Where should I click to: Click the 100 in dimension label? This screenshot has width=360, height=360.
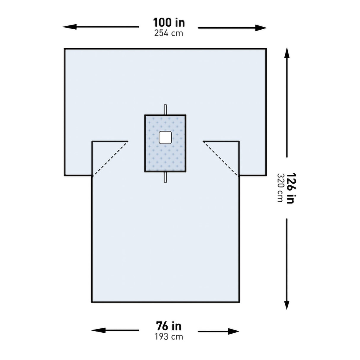click(x=168, y=23)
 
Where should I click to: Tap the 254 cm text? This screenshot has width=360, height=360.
click(x=168, y=33)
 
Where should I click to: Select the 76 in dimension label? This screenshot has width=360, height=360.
click(x=168, y=326)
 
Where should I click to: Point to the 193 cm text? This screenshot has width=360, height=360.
click(x=168, y=337)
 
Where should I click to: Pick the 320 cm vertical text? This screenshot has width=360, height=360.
click(x=280, y=188)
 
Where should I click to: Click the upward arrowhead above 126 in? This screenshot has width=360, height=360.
click(x=287, y=53)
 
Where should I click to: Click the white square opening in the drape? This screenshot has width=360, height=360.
click(x=165, y=137)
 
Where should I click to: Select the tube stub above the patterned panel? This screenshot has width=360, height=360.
click(x=165, y=109)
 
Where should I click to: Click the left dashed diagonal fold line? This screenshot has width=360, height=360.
click(x=110, y=159)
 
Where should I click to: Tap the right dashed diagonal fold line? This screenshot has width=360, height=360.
click(x=221, y=159)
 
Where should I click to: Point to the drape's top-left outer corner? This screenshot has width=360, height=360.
click(x=65, y=49)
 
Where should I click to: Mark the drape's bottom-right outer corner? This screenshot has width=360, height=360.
click(x=239, y=302)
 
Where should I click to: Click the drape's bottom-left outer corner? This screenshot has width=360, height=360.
click(x=92, y=302)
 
